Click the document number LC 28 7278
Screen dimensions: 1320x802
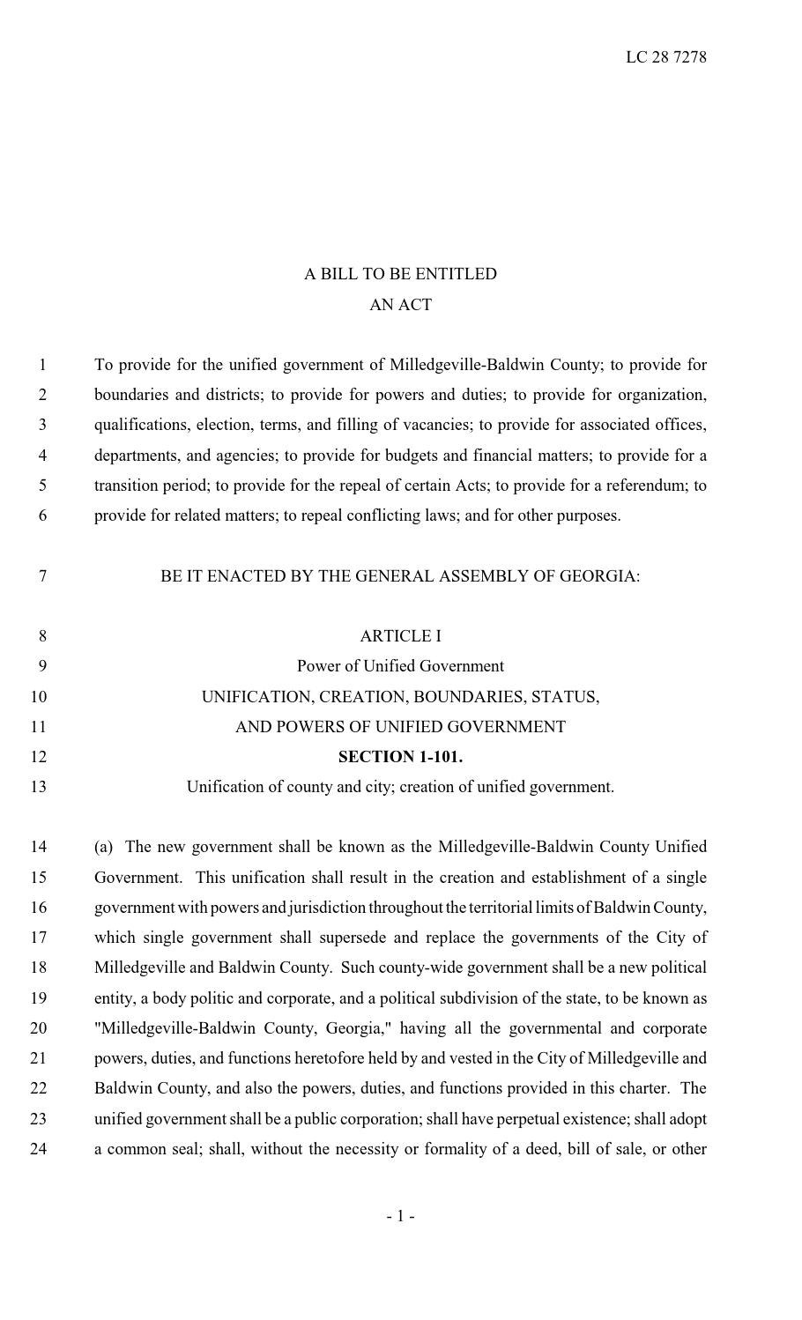[665, 57]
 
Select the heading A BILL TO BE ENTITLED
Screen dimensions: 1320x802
[400, 274]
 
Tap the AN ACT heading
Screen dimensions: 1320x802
[400, 305]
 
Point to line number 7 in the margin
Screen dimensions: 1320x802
[41, 576]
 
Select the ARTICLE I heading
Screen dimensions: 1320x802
[400, 636]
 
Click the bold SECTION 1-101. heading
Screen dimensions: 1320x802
[400, 757]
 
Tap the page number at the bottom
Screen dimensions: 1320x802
[400, 1217]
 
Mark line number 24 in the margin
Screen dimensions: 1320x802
[38, 1149]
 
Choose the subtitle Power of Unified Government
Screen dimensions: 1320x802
[400, 666]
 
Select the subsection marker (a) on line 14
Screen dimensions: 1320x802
[104, 847]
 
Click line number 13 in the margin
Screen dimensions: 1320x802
[38, 787]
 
